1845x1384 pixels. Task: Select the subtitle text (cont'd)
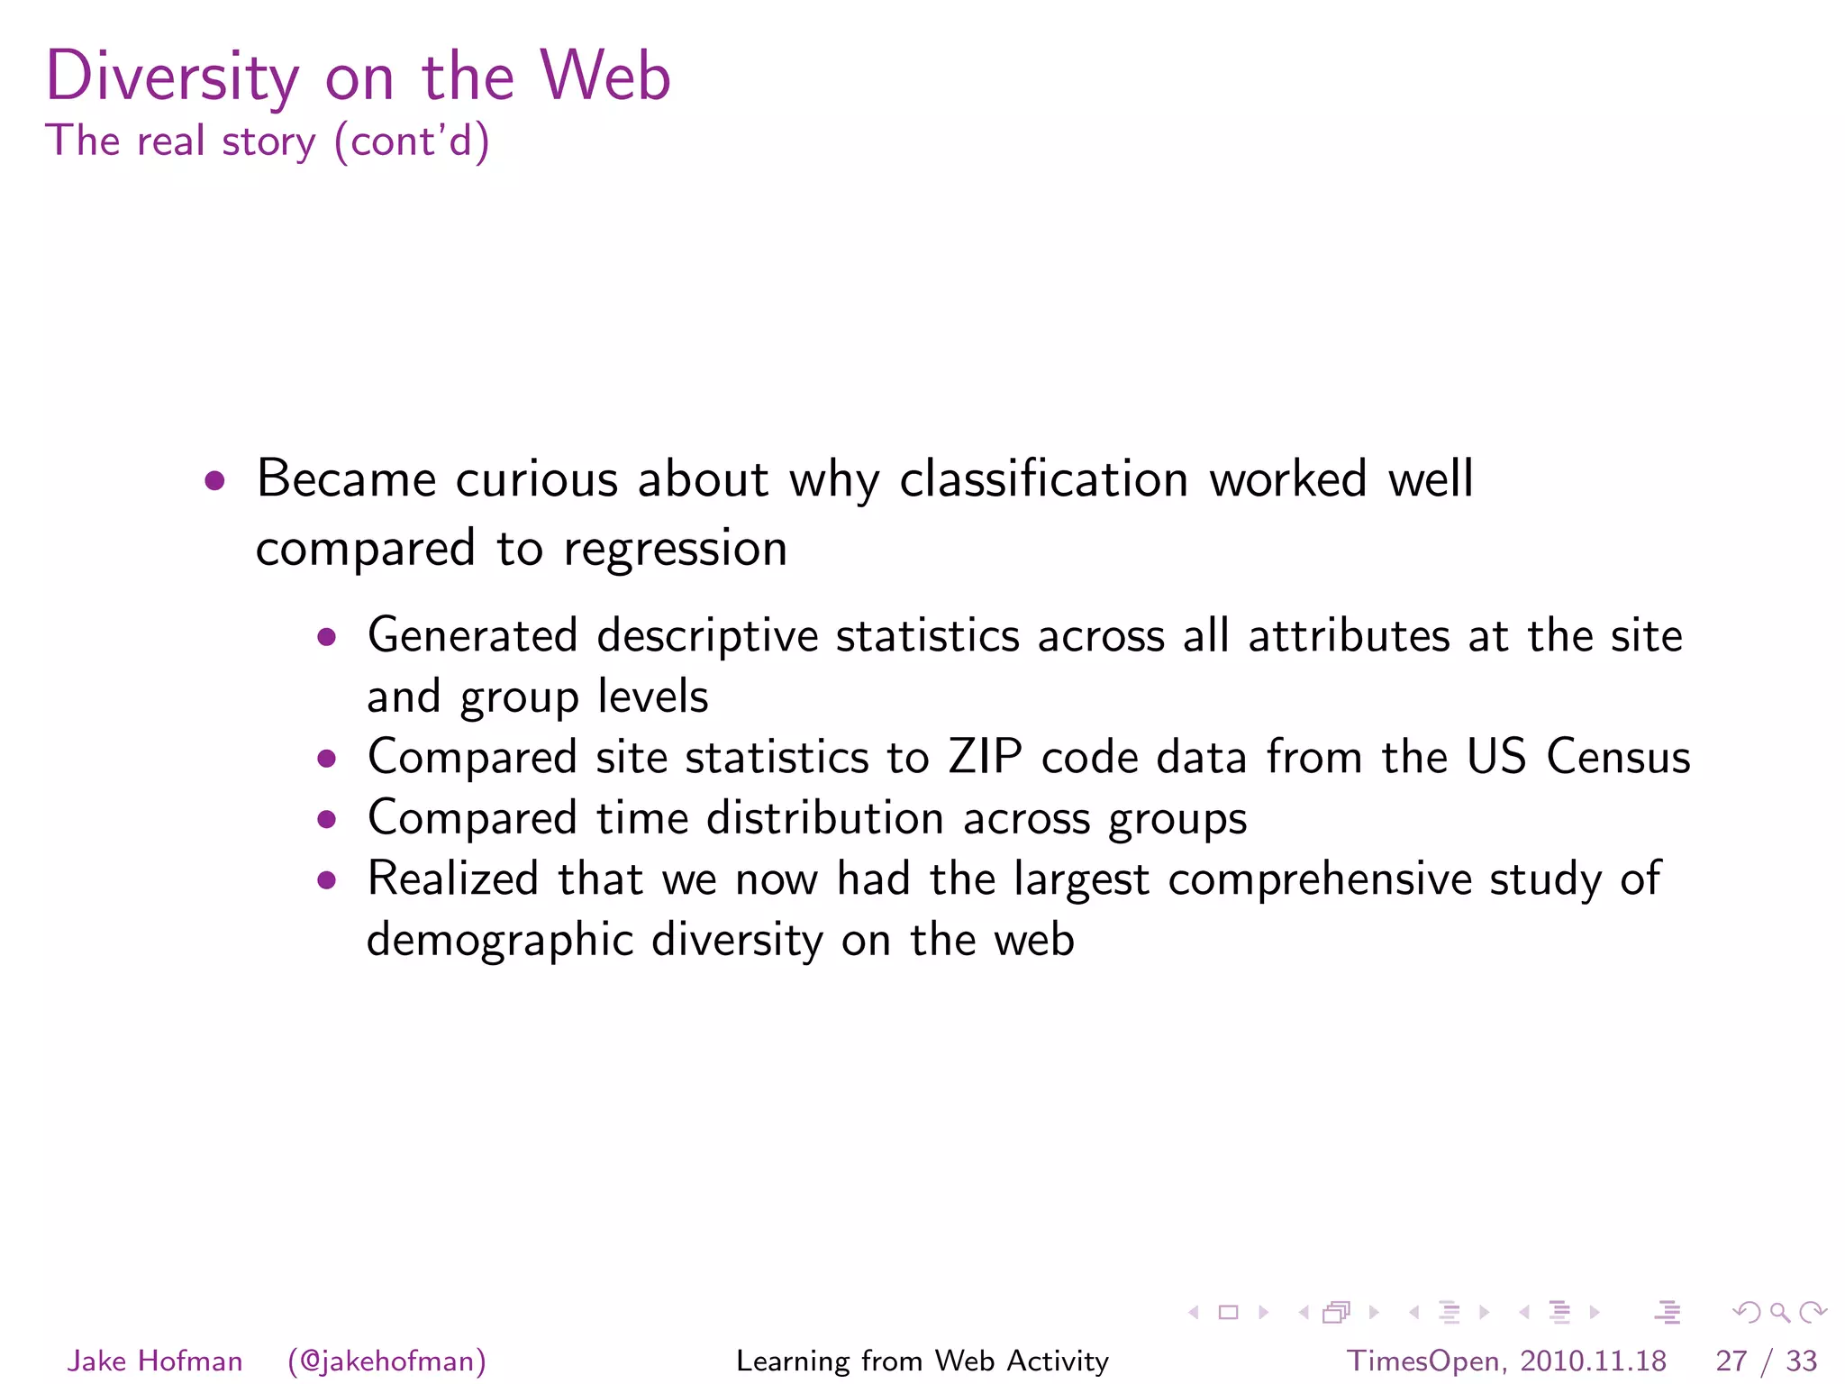[412, 141]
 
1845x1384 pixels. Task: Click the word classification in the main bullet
[1044, 478]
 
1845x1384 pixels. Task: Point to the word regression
[675, 549]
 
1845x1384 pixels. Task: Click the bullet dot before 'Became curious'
[214, 480]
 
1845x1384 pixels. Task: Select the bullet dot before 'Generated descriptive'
[327, 638]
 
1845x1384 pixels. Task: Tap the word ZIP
[985, 757]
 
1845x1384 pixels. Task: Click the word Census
[1618, 757]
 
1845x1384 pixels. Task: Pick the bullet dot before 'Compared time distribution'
[327, 820]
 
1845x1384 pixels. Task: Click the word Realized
[453, 879]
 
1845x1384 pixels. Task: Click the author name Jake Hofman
[155, 1361]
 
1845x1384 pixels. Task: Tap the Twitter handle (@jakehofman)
[387, 1361]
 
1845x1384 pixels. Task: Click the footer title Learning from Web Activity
[922, 1361]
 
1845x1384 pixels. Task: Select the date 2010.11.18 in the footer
[1593, 1361]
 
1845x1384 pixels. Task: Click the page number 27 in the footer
[1731, 1361]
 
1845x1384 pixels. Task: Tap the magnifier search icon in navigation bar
[1779, 1313]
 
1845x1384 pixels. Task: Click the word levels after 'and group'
[653, 697]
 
